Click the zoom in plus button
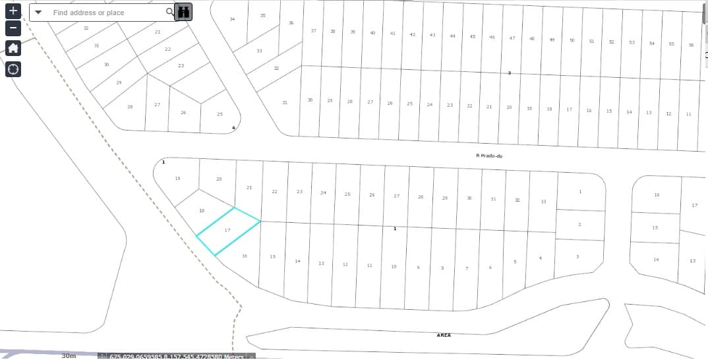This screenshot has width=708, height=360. click(x=13, y=11)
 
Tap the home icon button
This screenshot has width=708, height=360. click(x=13, y=48)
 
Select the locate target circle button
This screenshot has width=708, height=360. click(x=13, y=69)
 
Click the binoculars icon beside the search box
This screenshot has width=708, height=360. click(x=184, y=12)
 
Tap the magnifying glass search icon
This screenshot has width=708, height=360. click(x=169, y=12)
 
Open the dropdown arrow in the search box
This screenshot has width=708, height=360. click(x=38, y=13)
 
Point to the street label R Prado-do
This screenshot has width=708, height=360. click(x=488, y=156)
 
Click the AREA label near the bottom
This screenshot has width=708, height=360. click(x=444, y=335)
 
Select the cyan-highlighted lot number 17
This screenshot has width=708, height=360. click(x=227, y=230)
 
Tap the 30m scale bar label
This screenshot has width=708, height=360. click(x=69, y=355)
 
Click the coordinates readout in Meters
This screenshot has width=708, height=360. click(x=177, y=356)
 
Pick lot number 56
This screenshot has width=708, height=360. click(x=691, y=45)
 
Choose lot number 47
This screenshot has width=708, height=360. click(x=512, y=38)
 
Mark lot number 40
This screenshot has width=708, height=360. click(x=372, y=33)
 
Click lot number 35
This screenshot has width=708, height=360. click(x=263, y=15)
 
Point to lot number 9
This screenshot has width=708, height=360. click(x=418, y=268)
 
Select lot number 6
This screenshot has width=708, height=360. click(x=490, y=268)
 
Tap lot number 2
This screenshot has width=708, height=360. click(x=579, y=225)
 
